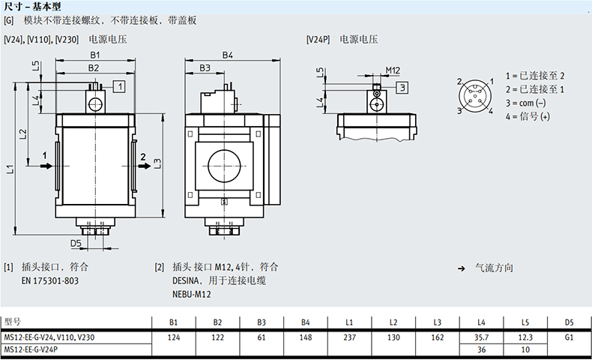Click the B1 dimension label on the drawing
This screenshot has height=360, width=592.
(94, 55)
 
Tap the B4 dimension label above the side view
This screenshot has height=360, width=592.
(228, 55)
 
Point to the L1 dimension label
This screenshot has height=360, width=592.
(10, 170)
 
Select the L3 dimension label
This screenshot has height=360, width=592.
(157, 163)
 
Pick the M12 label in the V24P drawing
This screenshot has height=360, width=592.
(393, 71)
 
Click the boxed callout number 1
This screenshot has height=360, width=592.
(119, 86)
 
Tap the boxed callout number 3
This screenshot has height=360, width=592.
(402, 88)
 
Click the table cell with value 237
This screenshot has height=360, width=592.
(348, 337)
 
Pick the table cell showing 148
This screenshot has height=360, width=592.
(305, 337)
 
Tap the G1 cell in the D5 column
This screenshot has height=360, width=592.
(569, 337)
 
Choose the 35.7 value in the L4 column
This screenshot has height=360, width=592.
(482, 337)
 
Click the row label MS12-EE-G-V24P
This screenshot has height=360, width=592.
(31, 349)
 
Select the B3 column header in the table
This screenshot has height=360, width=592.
(262, 322)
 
